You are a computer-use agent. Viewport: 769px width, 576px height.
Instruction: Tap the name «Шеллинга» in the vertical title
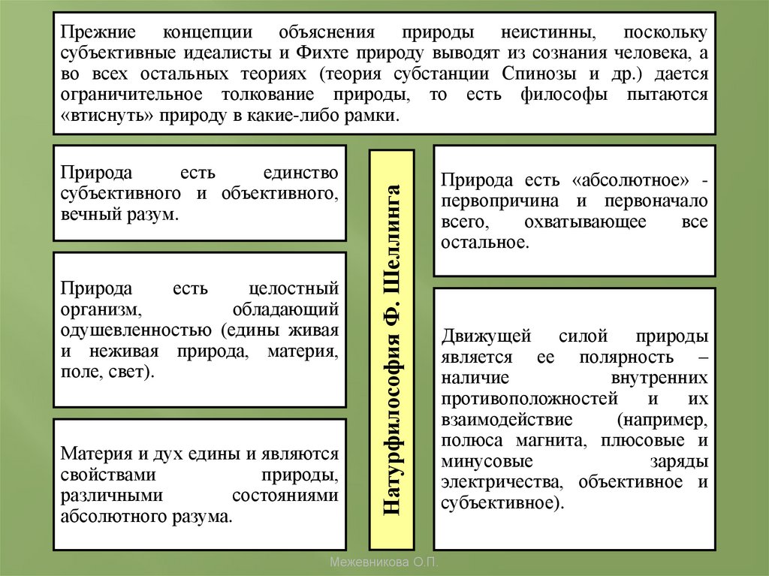393,234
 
